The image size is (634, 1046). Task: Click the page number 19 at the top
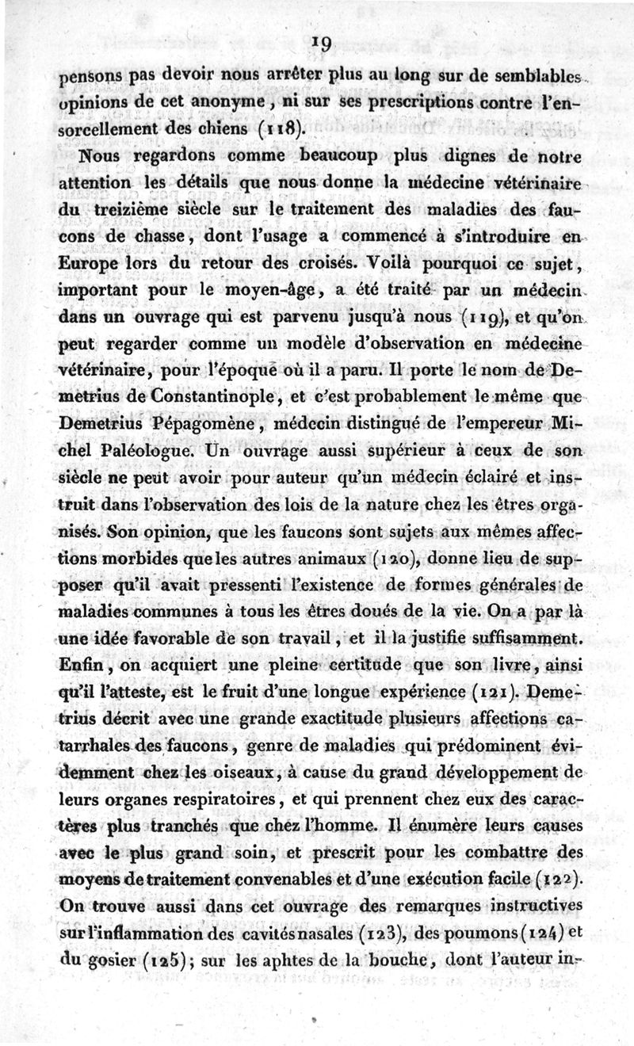coord(321,44)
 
